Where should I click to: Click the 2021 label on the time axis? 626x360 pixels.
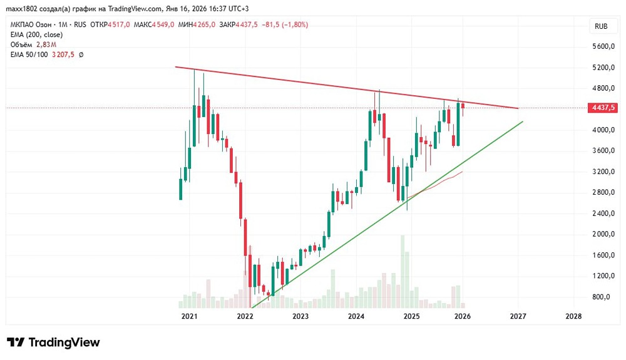point(189,316)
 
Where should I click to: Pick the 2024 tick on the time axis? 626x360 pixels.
point(356,316)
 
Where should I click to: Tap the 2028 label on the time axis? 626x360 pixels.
point(573,316)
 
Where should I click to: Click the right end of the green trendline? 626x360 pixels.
point(522,121)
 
